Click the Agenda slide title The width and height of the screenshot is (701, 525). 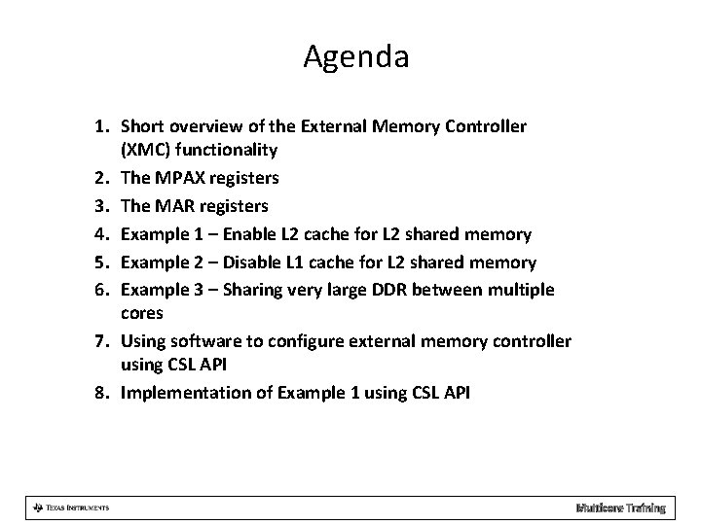click(x=355, y=57)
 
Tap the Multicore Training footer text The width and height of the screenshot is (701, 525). click(x=620, y=507)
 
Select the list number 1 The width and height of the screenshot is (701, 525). click(x=103, y=126)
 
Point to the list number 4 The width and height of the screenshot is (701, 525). click(x=103, y=234)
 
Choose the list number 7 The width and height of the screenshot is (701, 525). click(x=103, y=341)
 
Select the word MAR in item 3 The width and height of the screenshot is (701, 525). click(x=180, y=206)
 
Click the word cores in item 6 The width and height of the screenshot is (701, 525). click(x=142, y=314)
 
